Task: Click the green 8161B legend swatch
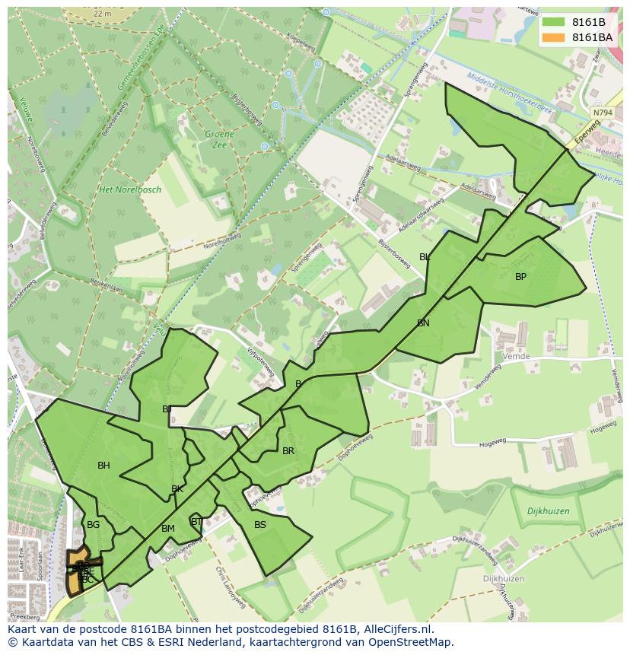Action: click(x=553, y=22)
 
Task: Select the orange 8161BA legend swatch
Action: click(x=553, y=37)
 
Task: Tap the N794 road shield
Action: click(x=602, y=113)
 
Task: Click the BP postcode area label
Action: click(x=520, y=277)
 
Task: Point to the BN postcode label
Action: click(x=423, y=323)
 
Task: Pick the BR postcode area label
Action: click(x=288, y=451)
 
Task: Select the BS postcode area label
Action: click(x=260, y=525)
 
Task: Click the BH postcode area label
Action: click(x=103, y=466)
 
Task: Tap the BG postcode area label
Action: click(x=93, y=525)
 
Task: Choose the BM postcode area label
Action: click(x=168, y=529)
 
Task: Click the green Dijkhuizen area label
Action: click(x=548, y=512)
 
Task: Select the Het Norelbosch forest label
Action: click(x=130, y=189)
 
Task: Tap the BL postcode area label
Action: click(x=425, y=257)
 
